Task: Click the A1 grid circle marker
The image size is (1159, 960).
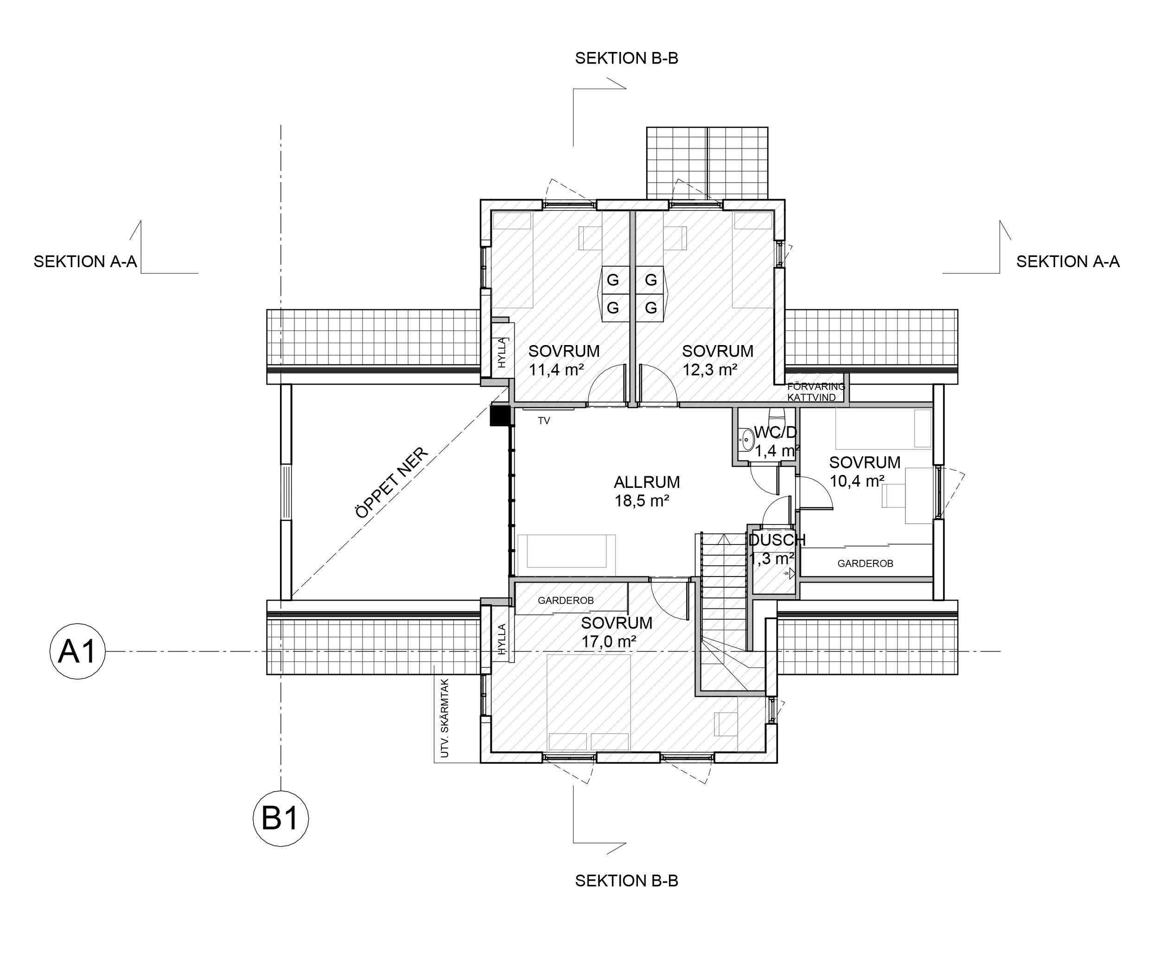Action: pyautogui.click(x=77, y=652)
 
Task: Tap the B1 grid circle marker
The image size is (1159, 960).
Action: pyautogui.click(x=280, y=818)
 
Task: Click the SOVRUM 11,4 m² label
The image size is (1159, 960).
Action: pyautogui.click(x=563, y=360)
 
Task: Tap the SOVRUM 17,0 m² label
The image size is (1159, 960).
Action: pyautogui.click(x=616, y=632)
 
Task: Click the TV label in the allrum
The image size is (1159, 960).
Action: pyautogui.click(x=544, y=421)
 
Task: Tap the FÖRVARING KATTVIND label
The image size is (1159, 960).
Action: pyautogui.click(x=815, y=392)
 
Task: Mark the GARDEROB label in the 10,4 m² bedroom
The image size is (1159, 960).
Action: pyautogui.click(x=865, y=563)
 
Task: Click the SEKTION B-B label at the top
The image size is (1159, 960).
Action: pyautogui.click(x=626, y=58)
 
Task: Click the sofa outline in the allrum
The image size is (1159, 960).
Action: pyautogui.click(x=566, y=551)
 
